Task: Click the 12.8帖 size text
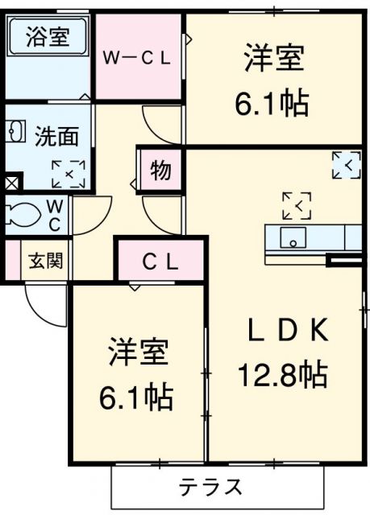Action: (281, 373)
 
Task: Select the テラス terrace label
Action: (212, 487)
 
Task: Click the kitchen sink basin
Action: (292, 238)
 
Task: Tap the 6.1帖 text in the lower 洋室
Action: (138, 395)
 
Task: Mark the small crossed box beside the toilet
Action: (10, 183)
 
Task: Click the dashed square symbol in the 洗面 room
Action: (68, 172)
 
